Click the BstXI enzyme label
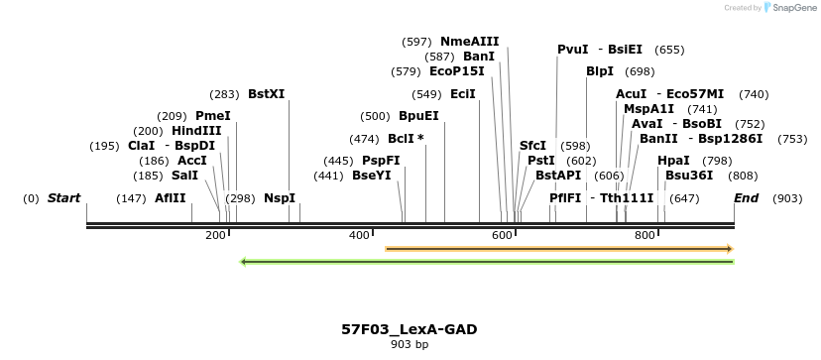(266, 94)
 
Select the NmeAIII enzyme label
(469, 42)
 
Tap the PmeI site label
(212, 116)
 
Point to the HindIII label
(196, 131)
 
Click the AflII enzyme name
(171, 198)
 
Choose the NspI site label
(280, 198)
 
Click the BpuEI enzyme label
(418, 116)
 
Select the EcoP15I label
(457, 71)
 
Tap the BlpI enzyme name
(600, 71)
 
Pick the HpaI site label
(673, 160)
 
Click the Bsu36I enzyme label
(689, 175)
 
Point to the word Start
(63, 198)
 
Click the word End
(746, 198)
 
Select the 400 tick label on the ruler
(359, 235)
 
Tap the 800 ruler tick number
(645, 235)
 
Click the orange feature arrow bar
(558, 248)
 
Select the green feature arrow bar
(487, 262)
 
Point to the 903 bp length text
(410, 345)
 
